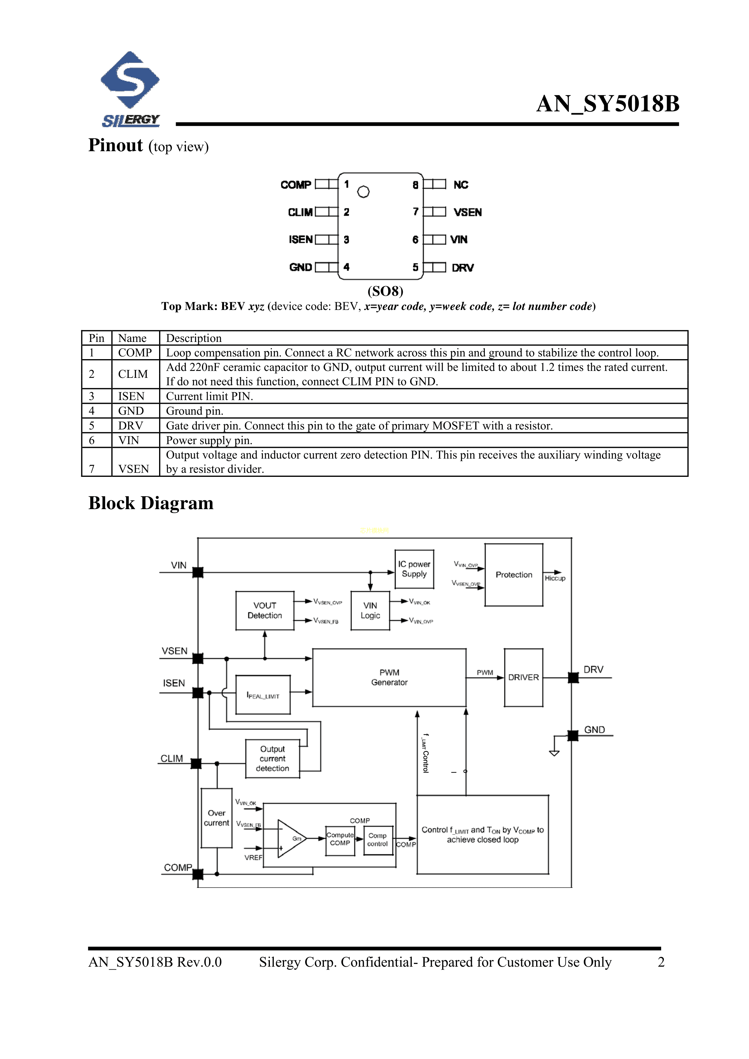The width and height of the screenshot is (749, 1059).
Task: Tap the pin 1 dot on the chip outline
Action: [363, 192]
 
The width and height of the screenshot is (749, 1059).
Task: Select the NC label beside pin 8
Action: [461, 185]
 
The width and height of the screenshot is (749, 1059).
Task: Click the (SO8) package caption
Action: [385, 291]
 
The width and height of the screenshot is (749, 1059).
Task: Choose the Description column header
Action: [194, 338]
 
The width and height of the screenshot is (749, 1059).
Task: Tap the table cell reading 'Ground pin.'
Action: [195, 411]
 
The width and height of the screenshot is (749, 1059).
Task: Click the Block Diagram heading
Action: [151, 503]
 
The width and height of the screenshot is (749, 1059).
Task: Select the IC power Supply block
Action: [414, 569]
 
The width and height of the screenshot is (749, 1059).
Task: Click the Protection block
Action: [514, 575]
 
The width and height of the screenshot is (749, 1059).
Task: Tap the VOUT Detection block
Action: [264, 611]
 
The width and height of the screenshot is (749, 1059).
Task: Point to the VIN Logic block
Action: [370, 611]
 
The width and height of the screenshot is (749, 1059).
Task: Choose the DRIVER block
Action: [523, 678]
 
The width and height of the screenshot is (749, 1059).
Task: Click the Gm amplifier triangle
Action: [290, 838]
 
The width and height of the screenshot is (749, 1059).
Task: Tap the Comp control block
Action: [377, 840]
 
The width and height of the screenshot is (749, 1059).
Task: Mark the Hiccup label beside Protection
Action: [555, 579]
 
